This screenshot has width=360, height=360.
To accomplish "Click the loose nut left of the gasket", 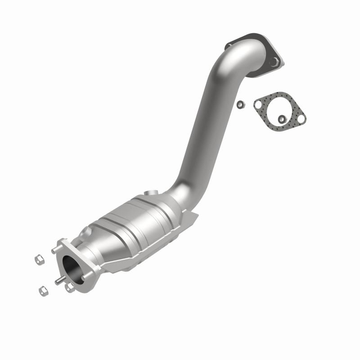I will (240, 104).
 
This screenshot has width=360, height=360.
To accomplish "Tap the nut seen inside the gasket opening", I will (282, 118).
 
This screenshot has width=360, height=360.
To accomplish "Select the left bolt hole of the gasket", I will (258, 105).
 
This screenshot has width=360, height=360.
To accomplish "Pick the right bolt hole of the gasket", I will (301, 117).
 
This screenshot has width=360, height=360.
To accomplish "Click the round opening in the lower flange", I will (72, 267).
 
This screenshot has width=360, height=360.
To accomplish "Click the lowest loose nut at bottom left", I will (43, 291).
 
